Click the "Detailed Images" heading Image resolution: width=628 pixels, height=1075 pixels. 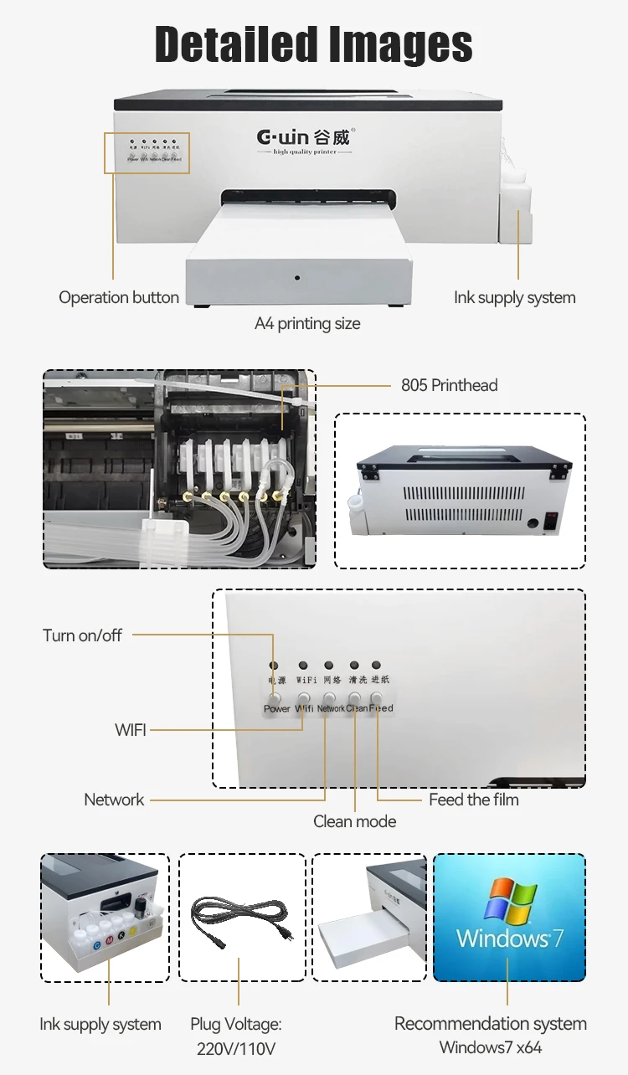pos(314,44)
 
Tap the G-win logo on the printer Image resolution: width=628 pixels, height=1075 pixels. pos(302,136)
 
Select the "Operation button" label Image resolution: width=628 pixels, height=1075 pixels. pos(119,297)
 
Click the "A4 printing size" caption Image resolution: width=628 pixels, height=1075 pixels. pos(307,323)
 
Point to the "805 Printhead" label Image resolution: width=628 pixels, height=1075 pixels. pos(449,385)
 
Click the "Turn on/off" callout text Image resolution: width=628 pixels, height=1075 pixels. pos(82,635)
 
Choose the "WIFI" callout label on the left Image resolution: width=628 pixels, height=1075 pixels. pos(131,730)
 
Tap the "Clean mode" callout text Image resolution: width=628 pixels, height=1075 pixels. pos(354,821)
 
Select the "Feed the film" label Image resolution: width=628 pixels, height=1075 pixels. pos(473,800)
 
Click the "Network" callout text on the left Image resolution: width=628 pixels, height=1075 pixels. pos(114,800)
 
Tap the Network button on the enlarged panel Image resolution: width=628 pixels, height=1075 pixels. pos(329,697)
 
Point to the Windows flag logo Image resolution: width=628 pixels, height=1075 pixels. pos(510,901)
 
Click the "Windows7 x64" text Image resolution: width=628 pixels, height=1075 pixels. pos(490,1047)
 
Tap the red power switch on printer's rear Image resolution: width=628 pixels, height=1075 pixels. pos(553,520)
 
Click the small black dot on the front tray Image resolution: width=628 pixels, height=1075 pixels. pos(296,277)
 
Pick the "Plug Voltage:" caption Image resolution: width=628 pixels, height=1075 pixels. pos(235,1024)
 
